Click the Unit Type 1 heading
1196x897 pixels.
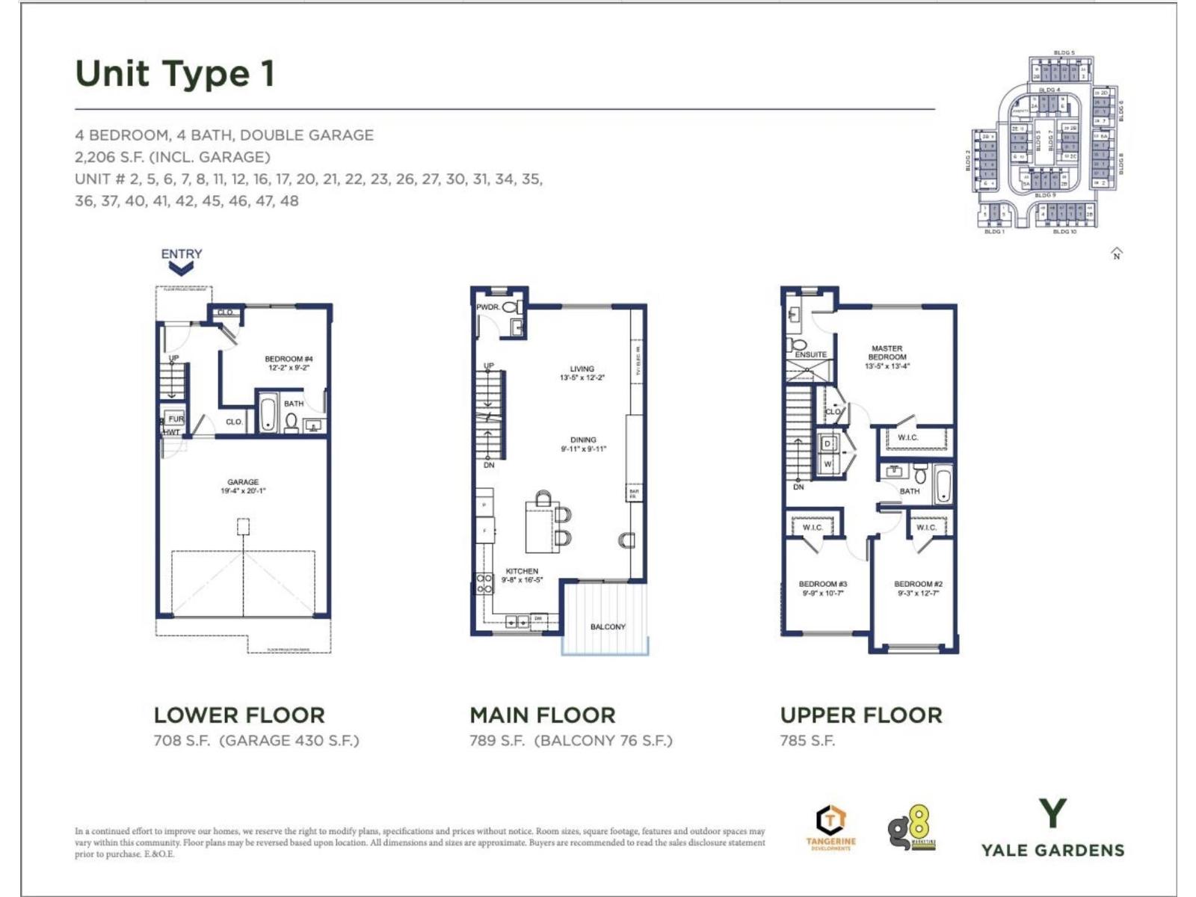pyautogui.click(x=175, y=73)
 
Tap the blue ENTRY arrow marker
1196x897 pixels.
pyautogui.click(x=181, y=268)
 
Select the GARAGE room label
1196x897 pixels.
pyautogui.click(x=243, y=482)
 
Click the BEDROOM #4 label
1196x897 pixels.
pyautogui.click(x=289, y=359)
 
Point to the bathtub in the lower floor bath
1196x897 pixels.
pyautogui.click(x=268, y=416)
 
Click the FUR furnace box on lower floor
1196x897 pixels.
pyautogui.click(x=176, y=419)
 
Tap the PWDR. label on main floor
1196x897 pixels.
pyautogui.click(x=487, y=307)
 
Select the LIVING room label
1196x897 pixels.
pyautogui.click(x=582, y=369)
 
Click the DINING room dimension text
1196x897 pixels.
pyautogui.click(x=583, y=449)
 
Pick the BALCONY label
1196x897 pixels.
pyautogui.click(x=608, y=626)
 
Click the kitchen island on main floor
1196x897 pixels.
pyautogui.click(x=541, y=526)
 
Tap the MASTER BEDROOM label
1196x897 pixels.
pyautogui.click(x=887, y=353)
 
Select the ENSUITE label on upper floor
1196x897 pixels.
pyautogui.click(x=810, y=354)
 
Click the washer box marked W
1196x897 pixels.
pyautogui.click(x=827, y=464)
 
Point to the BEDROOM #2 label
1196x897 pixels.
pyautogui.click(x=918, y=584)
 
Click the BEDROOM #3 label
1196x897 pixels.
pyautogui.click(x=822, y=584)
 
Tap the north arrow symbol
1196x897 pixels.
pyautogui.click(x=1117, y=253)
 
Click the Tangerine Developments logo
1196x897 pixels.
pyautogui.click(x=830, y=827)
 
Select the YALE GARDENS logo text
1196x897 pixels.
pyautogui.click(x=1052, y=850)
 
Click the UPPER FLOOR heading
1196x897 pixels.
pyautogui.click(x=861, y=715)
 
